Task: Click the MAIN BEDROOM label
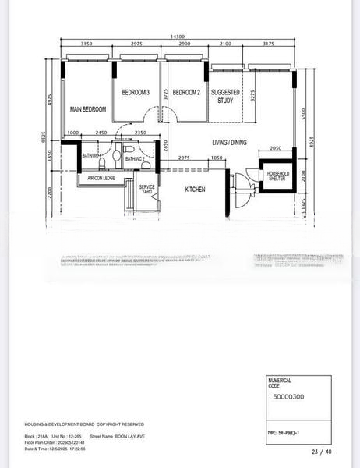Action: pos(87,109)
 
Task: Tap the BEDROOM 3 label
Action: pos(136,93)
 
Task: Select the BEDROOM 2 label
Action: pos(186,93)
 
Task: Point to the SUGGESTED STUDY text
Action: pos(226,96)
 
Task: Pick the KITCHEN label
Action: pos(195,190)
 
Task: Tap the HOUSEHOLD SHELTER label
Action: pos(278,176)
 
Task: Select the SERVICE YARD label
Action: pos(146,190)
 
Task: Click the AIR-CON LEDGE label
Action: pos(97,179)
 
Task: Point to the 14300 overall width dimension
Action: pos(178,36)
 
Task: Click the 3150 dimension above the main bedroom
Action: pos(87,45)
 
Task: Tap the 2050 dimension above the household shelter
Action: pos(276,148)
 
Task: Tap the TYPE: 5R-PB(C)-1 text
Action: pos(288,431)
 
